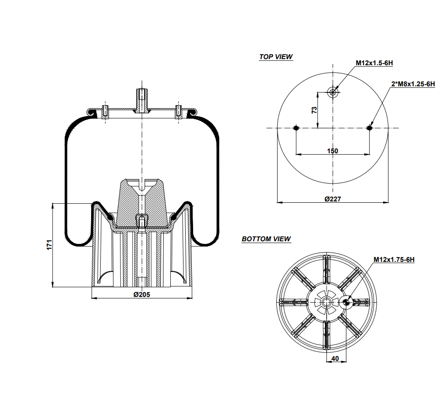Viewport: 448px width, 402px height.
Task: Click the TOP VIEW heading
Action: point(276,57)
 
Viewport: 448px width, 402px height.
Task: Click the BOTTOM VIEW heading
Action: point(266,239)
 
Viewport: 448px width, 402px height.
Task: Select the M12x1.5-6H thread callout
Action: point(374,63)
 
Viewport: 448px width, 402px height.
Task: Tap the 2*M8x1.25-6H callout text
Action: point(413,84)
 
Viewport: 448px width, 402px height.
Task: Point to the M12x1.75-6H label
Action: point(394,260)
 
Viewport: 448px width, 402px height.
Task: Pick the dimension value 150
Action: point(332,151)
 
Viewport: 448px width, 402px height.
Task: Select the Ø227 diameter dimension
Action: point(332,199)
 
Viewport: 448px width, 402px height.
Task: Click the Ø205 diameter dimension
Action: point(141,295)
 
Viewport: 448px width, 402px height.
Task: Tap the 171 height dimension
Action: point(49,245)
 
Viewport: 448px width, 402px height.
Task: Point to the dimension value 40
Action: point(335,358)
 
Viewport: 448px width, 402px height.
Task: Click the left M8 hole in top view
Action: point(296,128)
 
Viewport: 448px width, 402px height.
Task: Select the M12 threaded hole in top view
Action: point(333,92)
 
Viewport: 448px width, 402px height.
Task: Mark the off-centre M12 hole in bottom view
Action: point(346,301)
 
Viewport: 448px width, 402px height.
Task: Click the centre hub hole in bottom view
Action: point(327,301)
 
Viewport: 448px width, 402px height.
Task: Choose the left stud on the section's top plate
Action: point(106,111)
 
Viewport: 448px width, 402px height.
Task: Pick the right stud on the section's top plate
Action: point(178,111)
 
